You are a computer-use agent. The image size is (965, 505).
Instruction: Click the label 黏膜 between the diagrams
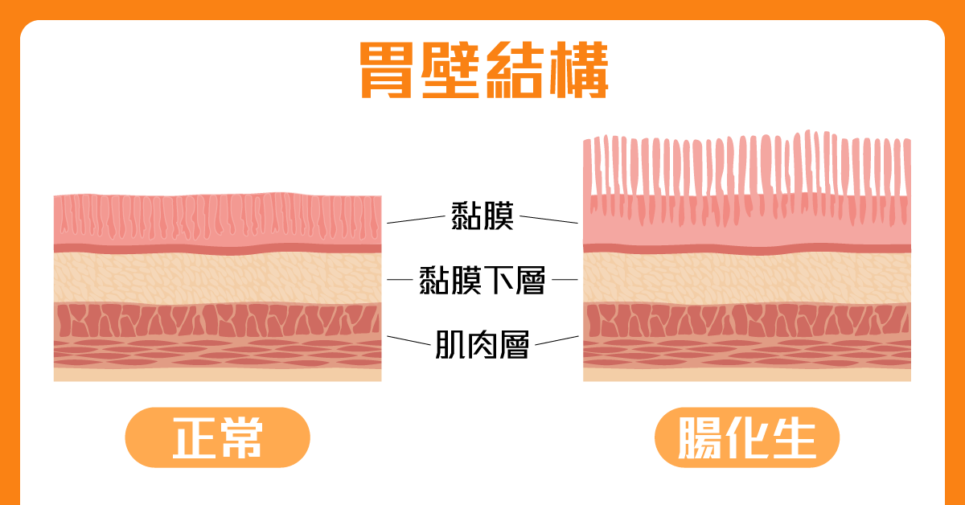[x=482, y=216]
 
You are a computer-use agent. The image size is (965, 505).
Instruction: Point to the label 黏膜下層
[x=482, y=281]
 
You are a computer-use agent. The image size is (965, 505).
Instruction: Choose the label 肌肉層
[x=482, y=344]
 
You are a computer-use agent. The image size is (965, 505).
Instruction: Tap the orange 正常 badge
[x=217, y=437]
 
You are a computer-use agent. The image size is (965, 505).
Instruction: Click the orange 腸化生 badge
[x=747, y=437]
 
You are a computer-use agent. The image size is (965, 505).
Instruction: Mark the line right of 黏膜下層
[x=565, y=280]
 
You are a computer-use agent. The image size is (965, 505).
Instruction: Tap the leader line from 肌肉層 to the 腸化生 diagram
[x=556, y=340]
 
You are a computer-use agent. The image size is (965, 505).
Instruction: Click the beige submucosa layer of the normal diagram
[x=217, y=278]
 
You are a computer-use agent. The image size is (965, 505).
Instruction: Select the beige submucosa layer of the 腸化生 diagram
[x=747, y=278]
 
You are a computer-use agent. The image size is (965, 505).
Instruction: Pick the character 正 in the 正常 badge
[x=193, y=438]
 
